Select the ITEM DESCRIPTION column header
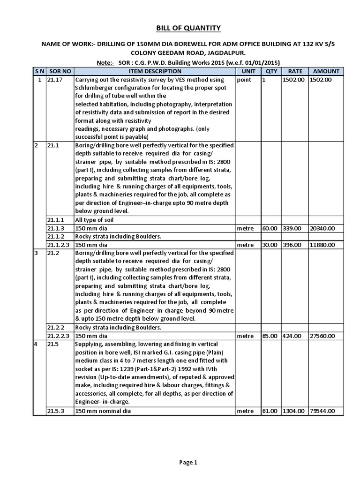(154, 71)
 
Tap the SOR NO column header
(60, 71)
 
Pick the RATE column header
(295, 71)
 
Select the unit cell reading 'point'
(244, 80)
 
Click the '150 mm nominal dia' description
(103, 411)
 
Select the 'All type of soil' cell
(96, 219)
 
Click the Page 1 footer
(189, 462)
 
